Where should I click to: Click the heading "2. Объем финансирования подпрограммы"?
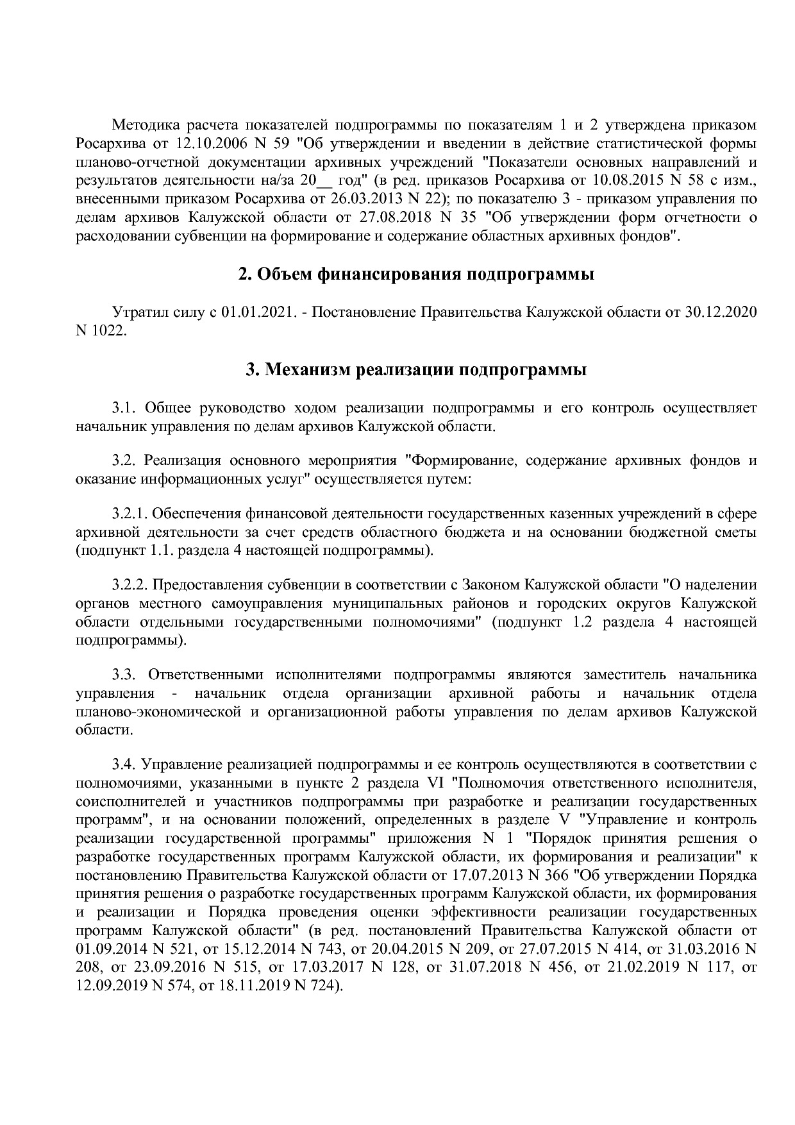[416, 275]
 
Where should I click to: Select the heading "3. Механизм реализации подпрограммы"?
[416, 370]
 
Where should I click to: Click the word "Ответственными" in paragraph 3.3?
[206, 675]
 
